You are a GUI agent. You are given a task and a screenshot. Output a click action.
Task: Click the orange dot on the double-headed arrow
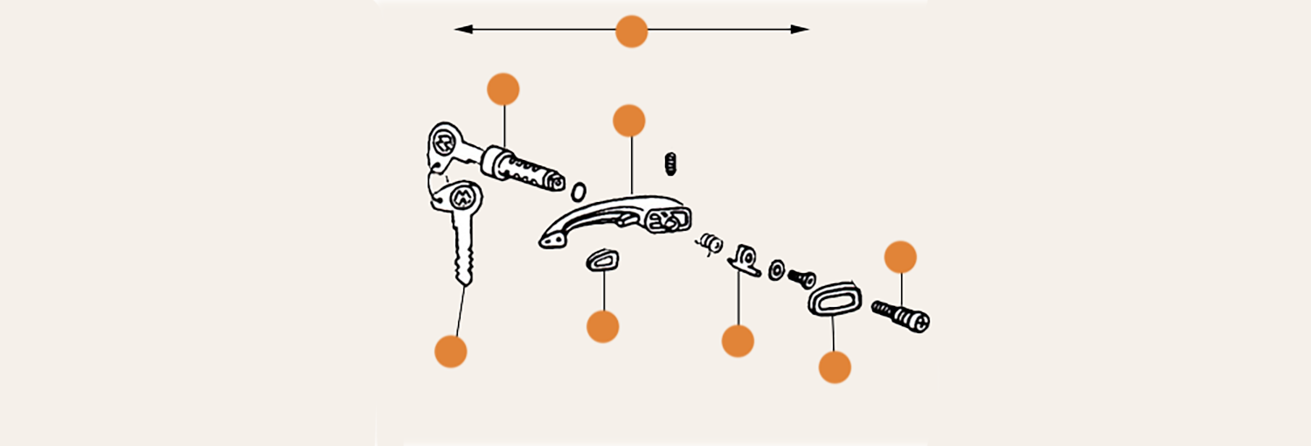tap(631, 31)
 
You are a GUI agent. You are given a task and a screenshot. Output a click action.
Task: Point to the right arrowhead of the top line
tap(801, 30)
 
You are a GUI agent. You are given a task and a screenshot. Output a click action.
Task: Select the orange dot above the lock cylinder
tap(503, 89)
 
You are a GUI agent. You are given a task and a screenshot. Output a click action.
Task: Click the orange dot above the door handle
tap(629, 121)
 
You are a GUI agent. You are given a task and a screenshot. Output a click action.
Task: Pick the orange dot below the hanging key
tap(451, 351)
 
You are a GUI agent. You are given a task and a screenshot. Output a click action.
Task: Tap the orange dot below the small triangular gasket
tap(603, 326)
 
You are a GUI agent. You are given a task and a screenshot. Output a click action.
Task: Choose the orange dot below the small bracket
tap(738, 340)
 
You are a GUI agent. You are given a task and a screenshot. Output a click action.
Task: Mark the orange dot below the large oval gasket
tap(835, 366)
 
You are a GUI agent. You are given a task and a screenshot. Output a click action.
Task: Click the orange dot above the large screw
tap(900, 257)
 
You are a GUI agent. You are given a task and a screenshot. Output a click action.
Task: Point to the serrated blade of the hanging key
tap(464, 254)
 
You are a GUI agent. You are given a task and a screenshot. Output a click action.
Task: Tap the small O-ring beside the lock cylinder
tap(578, 191)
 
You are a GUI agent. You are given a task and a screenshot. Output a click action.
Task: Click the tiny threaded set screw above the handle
tap(671, 163)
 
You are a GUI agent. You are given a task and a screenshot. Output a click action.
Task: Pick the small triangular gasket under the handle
tap(601, 261)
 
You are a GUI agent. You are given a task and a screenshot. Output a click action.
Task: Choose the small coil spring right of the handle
tap(710, 242)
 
